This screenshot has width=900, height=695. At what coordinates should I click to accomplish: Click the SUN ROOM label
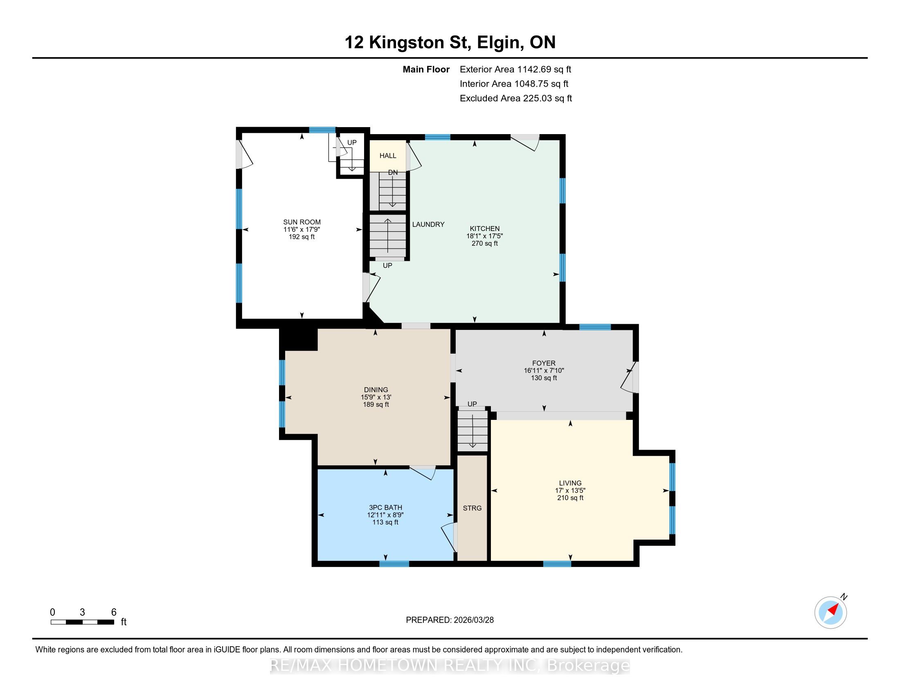[301, 222]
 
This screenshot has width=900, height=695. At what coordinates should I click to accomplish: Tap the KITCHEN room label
[485, 229]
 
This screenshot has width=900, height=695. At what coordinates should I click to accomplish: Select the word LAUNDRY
[428, 224]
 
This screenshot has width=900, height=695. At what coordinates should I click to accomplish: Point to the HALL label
[388, 156]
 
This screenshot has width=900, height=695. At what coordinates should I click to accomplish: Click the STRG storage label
[472, 508]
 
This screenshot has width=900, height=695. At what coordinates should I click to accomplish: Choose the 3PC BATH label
[385, 508]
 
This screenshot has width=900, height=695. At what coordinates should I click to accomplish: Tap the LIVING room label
[570, 483]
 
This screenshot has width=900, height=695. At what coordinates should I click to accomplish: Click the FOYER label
[544, 363]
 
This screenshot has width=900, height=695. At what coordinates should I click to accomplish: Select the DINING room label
[376, 390]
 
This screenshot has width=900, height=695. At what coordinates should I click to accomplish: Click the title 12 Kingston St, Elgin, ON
[450, 43]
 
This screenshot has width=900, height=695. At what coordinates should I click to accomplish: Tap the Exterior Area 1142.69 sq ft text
[515, 69]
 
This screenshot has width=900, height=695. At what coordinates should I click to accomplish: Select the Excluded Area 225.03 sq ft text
[516, 99]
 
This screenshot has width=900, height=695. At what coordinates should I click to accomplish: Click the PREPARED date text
[450, 620]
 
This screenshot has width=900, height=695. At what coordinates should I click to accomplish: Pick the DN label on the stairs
[393, 173]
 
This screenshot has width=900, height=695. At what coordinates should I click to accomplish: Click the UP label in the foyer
[472, 404]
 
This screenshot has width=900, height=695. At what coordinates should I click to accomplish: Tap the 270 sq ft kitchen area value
[485, 243]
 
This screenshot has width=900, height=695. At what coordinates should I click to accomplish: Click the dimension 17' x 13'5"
[570, 490]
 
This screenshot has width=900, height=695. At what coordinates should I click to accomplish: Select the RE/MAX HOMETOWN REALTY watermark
[450, 666]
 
